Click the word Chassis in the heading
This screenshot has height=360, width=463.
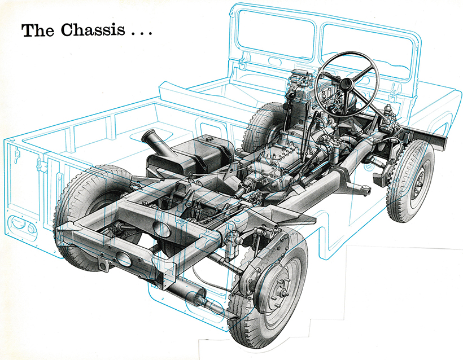93,30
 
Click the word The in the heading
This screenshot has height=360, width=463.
37,30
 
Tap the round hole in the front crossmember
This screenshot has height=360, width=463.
124,259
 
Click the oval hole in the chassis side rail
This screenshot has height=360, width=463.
162,229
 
